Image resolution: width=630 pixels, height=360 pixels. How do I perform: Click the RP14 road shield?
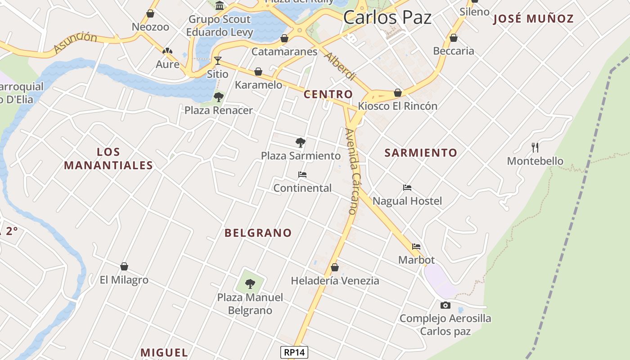pyautogui.click(x=294, y=352)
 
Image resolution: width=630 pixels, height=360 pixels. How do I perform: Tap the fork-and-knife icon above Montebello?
pyautogui.click(x=535, y=147)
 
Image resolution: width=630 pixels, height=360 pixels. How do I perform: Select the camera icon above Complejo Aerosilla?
pyautogui.click(x=445, y=306)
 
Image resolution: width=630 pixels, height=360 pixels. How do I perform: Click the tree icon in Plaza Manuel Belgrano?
pyautogui.click(x=250, y=284)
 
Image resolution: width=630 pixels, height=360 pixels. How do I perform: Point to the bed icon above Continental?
pyautogui.click(x=302, y=175)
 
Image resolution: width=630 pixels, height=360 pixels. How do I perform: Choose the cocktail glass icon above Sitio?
pyautogui.click(x=218, y=60)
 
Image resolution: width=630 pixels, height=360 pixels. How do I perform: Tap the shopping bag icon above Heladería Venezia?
pyautogui.click(x=335, y=267)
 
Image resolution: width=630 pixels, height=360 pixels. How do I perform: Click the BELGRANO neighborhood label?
pyautogui.click(x=258, y=233)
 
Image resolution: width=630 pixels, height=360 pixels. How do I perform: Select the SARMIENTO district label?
pyautogui.click(x=421, y=153)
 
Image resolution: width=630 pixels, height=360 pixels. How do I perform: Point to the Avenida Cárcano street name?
pyautogui.click(x=351, y=171)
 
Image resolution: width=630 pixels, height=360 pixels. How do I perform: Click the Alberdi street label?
pyautogui.click(x=340, y=66)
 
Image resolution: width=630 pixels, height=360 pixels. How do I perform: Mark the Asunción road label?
pyautogui.click(x=75, y=43)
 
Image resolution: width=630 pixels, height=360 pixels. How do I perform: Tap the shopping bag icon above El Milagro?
pyautogui.click(x=124, y=266)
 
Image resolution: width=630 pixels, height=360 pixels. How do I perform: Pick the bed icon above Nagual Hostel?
pyautogui.click(x=407, y=188)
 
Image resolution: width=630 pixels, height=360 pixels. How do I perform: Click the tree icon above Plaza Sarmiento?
pyautogui.click(x=301, y=143)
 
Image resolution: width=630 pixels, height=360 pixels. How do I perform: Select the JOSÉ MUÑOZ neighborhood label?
pyautogui.click(x=533, y=18)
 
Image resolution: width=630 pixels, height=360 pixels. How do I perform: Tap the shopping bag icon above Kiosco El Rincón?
pyautogui.click(x=398, y=93)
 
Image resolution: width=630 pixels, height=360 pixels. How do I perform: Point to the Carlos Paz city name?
pyautogui.click(x=387, y=17)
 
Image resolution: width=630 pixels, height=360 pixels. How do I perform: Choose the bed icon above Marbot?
pyautogui.click(x=416, y=247)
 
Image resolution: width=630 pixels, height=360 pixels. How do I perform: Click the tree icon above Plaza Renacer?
pyautogui.click(x=219, y=97)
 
